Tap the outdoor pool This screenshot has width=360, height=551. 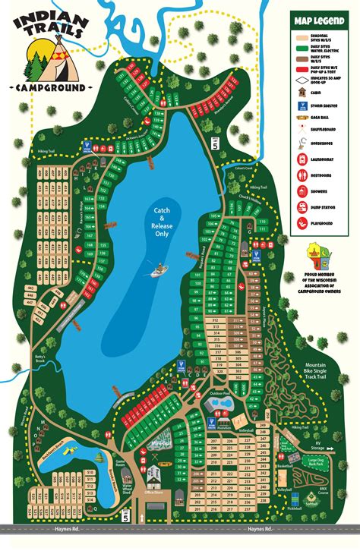[219, 403]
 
